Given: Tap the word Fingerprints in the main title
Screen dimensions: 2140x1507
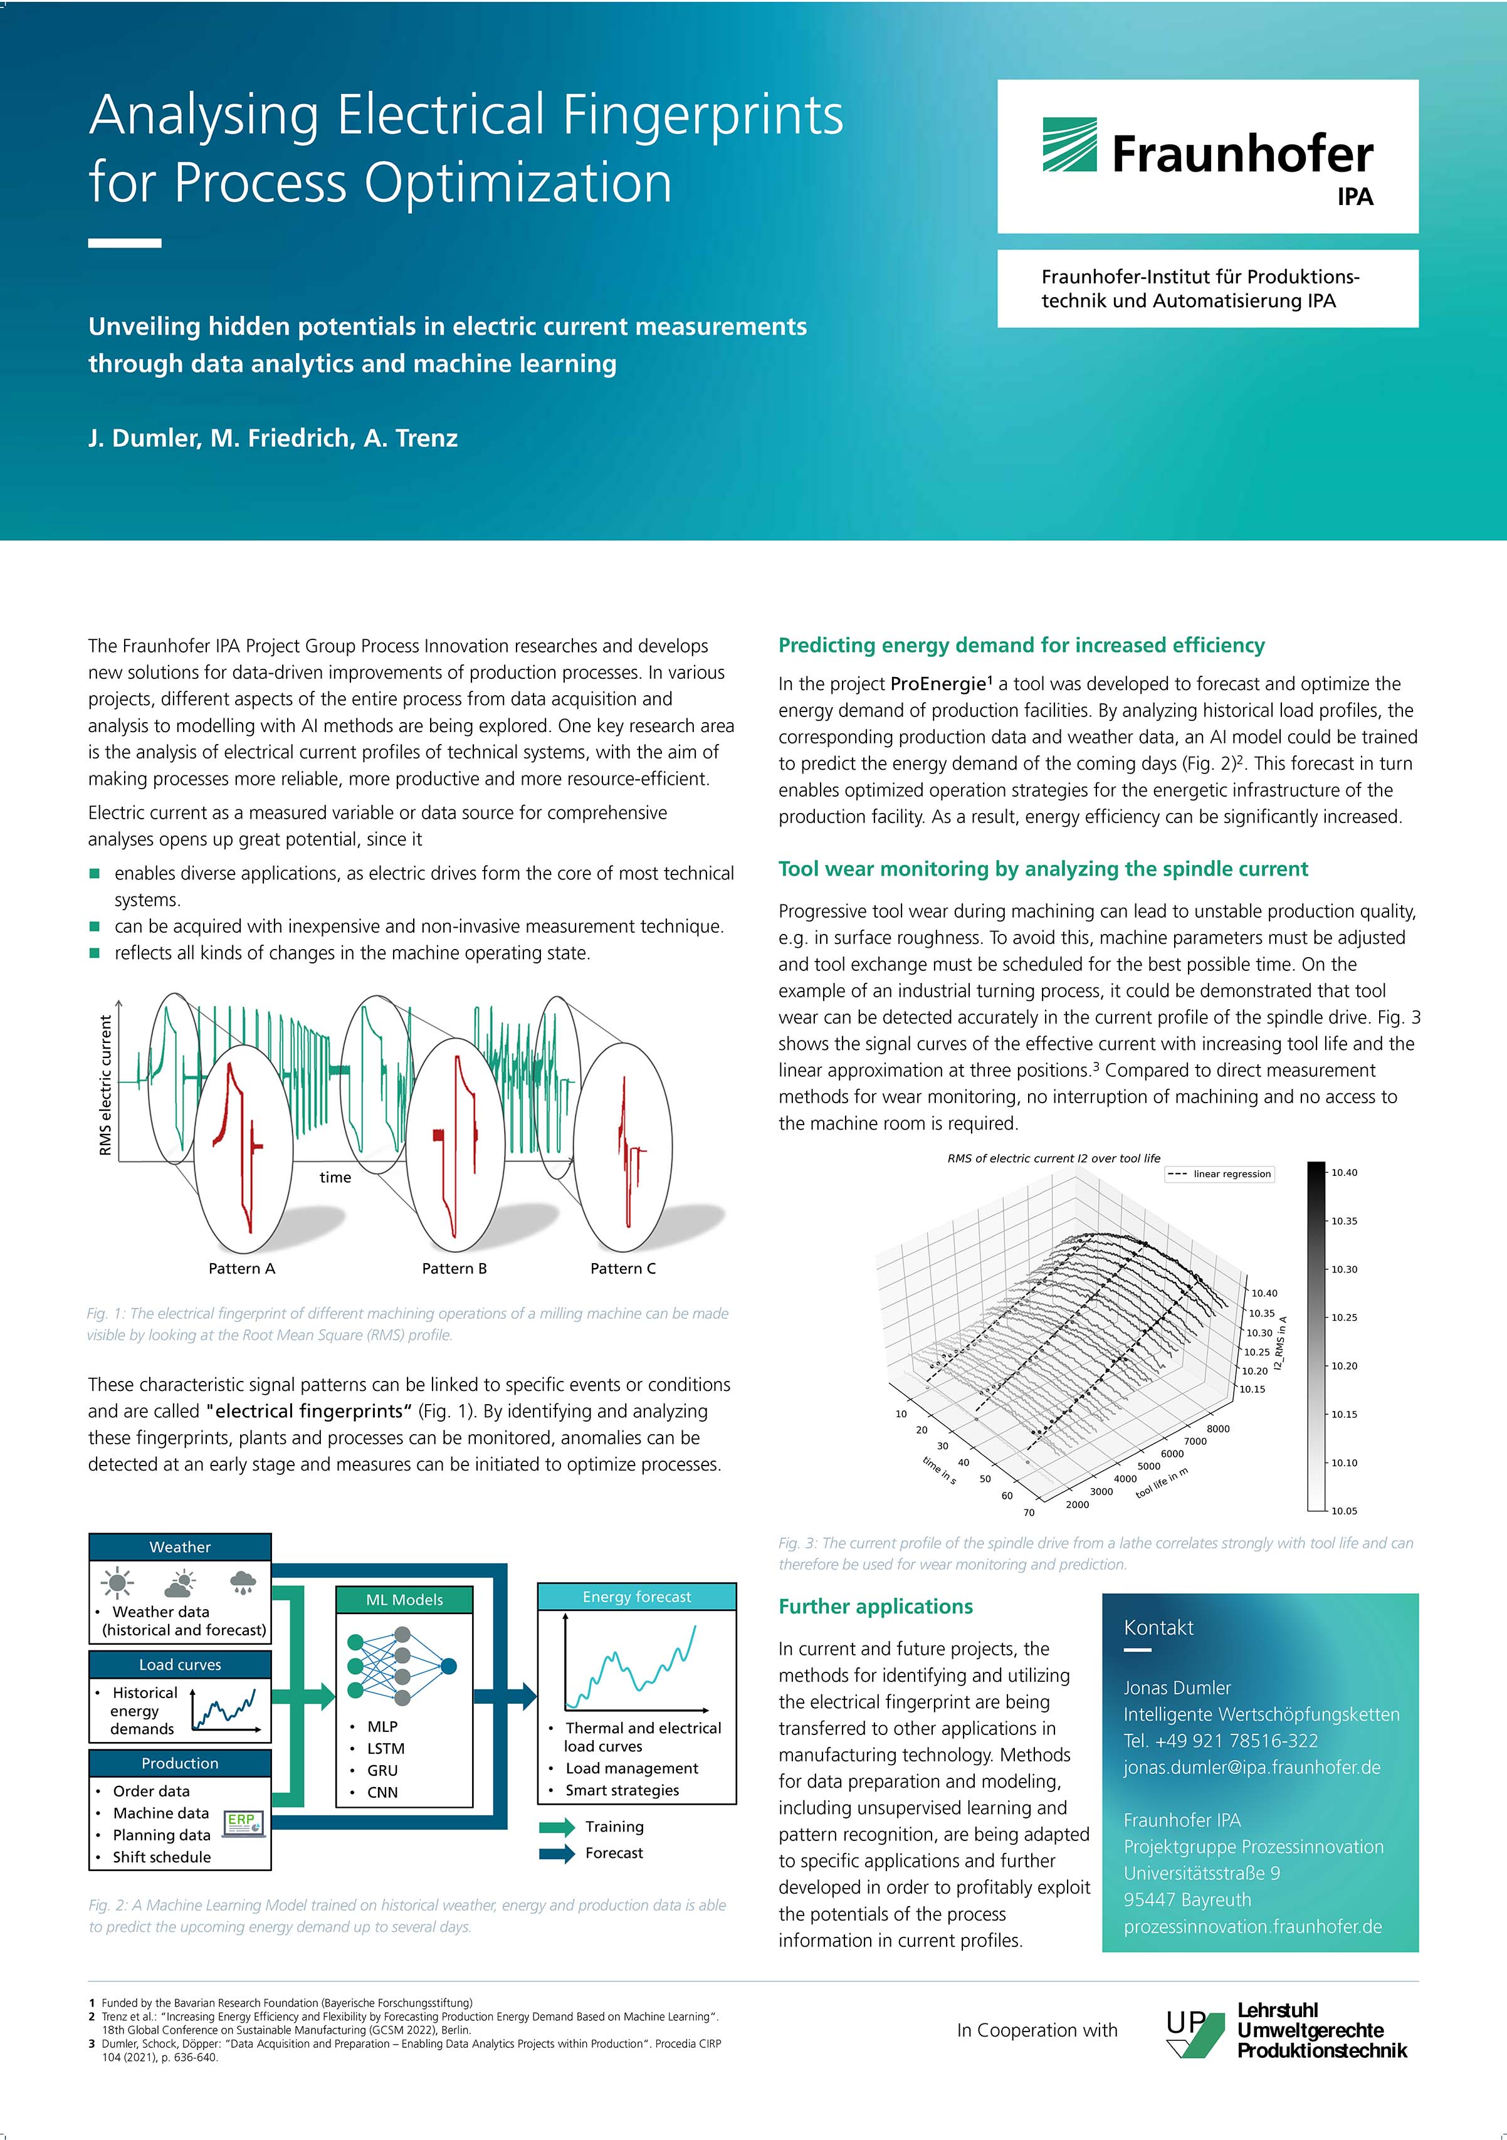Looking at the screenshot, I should click(703, 115).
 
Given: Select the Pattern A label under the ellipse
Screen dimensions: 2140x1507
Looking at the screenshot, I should click(241, 1269).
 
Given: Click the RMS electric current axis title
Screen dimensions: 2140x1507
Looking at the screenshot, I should click(105, 1085).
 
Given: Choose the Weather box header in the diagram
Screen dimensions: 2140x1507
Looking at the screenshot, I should click(180, 1547).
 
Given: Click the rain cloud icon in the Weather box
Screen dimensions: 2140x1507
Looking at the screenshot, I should click(243, 1581).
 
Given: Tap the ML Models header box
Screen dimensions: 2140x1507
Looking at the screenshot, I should click(404, 1600).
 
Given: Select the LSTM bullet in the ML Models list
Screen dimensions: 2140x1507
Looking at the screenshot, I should click(385, 1748).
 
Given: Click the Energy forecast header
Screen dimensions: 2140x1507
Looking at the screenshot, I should click(636, 1597).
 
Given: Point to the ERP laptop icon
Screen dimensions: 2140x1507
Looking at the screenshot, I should click(244, 1823).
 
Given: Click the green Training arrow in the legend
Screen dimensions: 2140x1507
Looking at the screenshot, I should click(557, 1827).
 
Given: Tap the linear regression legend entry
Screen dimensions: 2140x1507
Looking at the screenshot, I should click(1219, 1173).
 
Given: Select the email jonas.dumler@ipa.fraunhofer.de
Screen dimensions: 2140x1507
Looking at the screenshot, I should click(1252, 1767).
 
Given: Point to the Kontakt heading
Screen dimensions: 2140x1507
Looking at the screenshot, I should click(1158, 1627).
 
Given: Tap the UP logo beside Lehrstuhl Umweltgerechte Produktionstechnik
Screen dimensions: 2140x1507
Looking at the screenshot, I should click(1194, 2033).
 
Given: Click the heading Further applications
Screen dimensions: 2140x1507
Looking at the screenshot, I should click(875, 1606).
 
